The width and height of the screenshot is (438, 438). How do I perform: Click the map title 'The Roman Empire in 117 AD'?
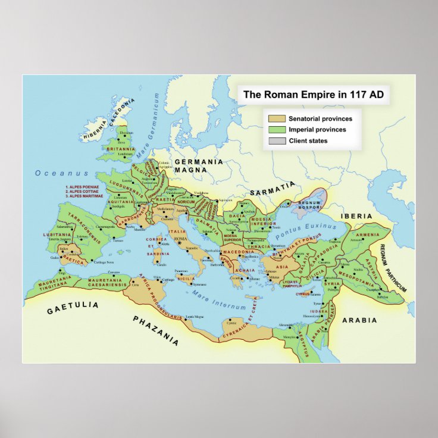click(314, 95)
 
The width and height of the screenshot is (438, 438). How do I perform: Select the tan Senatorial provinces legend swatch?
click(277, 119)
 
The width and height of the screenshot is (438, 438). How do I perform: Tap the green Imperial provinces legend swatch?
click(277, 130)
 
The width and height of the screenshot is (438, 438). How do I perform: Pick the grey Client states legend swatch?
click(277, 141)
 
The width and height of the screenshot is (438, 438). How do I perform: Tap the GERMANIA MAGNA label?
click(199, 165)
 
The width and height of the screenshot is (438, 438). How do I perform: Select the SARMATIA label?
click(272, 192)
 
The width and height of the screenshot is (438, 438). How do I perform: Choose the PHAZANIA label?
click(155, 330)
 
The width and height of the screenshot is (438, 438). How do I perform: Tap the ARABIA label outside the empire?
click(359, 320)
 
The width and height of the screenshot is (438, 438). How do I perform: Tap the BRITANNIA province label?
click(121, 149)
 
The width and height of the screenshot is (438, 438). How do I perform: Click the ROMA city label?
click(180, 238)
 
